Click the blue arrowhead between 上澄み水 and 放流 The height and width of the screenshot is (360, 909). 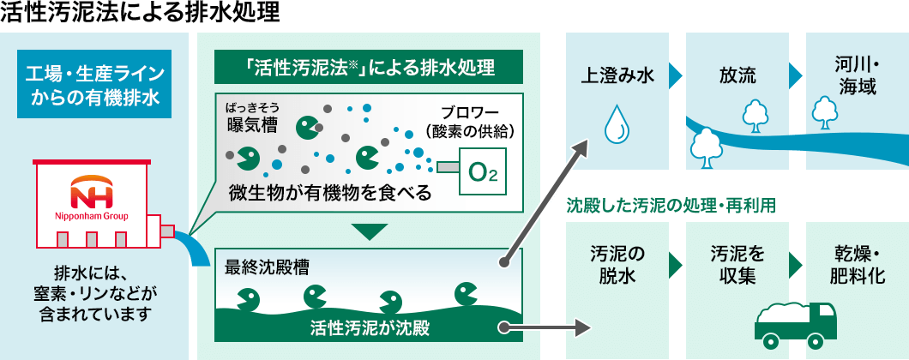coord(676,75)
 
